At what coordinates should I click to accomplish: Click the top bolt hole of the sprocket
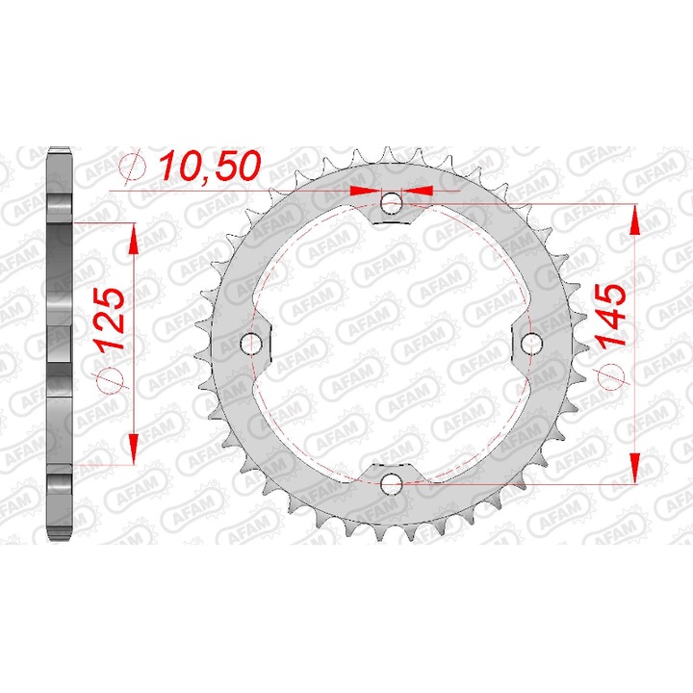[x=391, y=203]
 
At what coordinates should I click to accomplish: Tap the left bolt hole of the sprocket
[x=252, y=343]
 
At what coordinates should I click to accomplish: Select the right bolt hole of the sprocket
[x=529, y=343]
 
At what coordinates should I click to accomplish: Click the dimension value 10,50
[x=210, y=167]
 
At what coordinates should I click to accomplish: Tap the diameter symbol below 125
[x=111, y=377]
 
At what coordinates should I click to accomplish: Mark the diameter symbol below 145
[x=612, y=376]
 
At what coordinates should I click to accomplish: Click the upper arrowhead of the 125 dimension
[x=132, y=237]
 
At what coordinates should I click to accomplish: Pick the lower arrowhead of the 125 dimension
[x=132, y=448]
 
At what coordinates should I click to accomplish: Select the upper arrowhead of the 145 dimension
[x=634, y=220]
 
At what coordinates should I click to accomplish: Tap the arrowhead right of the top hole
[x=419, y=192]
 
